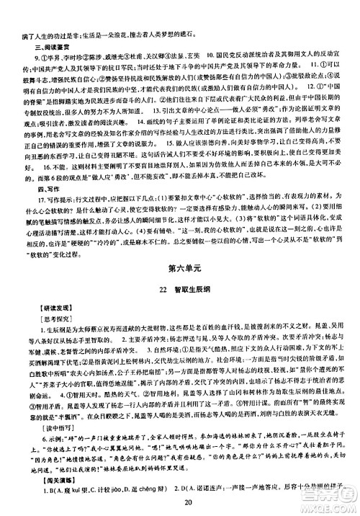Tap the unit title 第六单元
[x=179, y=268]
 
